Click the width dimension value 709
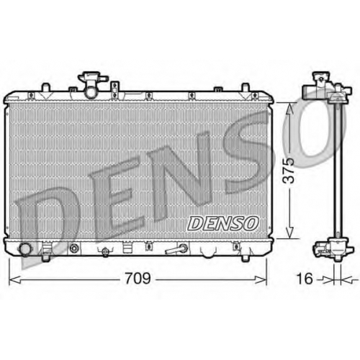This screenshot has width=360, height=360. (138, 278)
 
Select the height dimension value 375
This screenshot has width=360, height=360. (288, 171)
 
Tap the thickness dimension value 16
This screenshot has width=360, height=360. (305, 279)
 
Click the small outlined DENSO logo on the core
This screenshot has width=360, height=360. (222, 223)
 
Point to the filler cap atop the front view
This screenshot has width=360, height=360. (92, 77)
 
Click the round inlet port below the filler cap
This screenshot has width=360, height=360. (91, 92)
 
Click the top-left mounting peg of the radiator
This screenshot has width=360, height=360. (46, 87)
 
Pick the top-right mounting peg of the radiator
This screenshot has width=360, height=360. (245, 87)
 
